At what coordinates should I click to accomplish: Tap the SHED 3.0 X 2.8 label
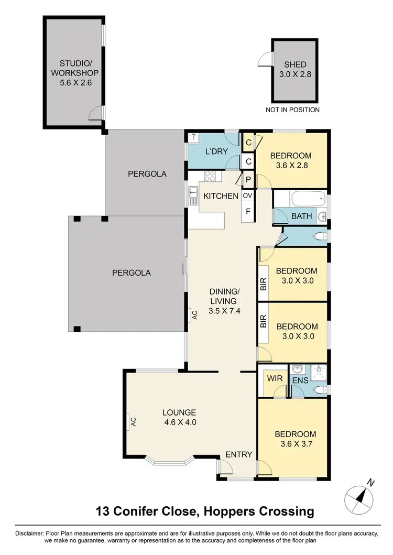pyautogui.click(x=294, y=69)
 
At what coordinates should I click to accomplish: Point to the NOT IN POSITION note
pyautogui.click(x=292, y=110)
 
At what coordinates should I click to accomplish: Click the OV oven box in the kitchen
pyautogui.click(x=247, y=195)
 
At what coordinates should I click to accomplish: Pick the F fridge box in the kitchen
pyautogui.click(x=247, y=212)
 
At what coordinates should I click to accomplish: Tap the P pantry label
pyautogui.click(x=247, y=179)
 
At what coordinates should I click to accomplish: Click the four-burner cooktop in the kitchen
pyautogui.click(x=210, y=176)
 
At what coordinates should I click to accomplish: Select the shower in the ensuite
pyautogui.click(x=318, y=373)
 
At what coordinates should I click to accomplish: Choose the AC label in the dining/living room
pyautogui.click(x=194, y=315)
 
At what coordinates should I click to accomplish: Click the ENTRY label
pyautogui.click(x=239, y=454)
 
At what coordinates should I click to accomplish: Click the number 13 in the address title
pyautogui.click(x=103, y=511)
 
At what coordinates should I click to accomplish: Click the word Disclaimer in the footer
pyautogui.click(x=29, y=533)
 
